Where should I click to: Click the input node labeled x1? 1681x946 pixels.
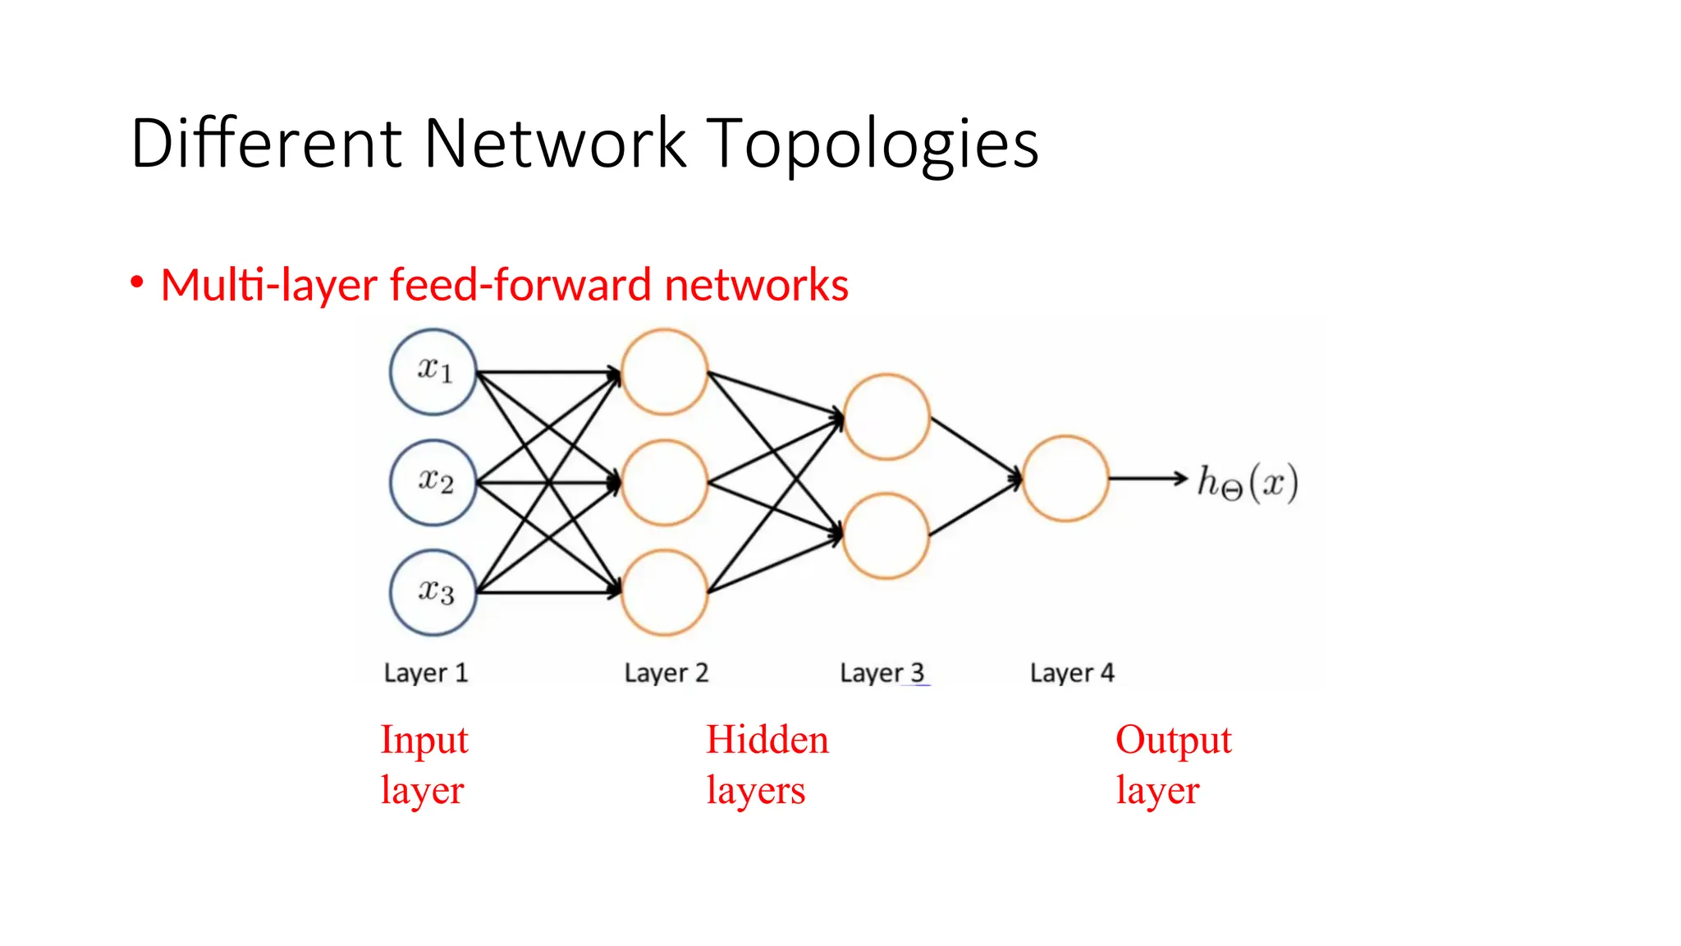433,371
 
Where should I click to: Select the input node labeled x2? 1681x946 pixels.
433,482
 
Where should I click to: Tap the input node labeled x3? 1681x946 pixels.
433,592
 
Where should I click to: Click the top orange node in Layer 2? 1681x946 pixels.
664,372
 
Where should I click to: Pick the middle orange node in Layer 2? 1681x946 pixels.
664,482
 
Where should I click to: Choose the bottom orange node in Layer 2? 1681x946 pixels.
664,592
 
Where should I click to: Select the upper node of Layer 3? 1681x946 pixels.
886,416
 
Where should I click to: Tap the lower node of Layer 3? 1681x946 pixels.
886,535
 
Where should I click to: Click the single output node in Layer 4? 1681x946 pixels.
1065,478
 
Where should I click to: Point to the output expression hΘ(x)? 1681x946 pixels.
1247,482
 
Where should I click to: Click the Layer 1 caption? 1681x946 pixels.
425,673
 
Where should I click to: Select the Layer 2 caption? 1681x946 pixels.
666,673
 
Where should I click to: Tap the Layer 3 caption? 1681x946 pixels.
882,673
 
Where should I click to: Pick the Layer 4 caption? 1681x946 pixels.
1072,673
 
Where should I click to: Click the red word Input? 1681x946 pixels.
424,741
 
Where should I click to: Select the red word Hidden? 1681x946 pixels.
767,739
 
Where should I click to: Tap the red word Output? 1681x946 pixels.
1173,741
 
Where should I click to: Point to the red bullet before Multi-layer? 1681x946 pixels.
137,282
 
